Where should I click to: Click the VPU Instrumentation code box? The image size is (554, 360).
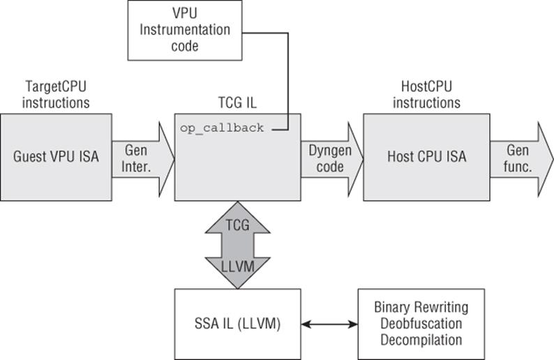pyautogui.click(x=185, y=31)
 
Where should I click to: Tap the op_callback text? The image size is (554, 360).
pyautogui.click(x=222, y=128)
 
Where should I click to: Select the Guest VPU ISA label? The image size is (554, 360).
pyautogui.click(x=56, y=156)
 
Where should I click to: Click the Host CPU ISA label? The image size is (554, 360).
pyautogui.click(x=427, y=156)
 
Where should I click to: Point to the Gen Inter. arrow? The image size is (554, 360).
pyautogui.click(x=143, y=159)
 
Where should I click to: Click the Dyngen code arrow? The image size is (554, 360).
pyautogui.click(x=332, y=159)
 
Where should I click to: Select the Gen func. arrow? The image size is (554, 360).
pyautogui.click(x=521, y=159)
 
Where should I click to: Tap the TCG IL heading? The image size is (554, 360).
pyautogui.click(x=237, y=103)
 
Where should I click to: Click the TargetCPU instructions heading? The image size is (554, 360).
pyautogui.click(x=56, y=95)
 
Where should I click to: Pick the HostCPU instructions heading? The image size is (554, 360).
pyautogui.click(x=427, y=95)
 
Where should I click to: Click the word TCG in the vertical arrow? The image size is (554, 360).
pyautogui.click(x=237, y=225)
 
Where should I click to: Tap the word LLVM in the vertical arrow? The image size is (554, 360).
pyautogui.click(x=237, y=267)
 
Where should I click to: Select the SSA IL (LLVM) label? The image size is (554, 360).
pyautogui.click(x=237, y=324)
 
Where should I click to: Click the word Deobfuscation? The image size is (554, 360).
pyautogui.click(x=421, y=324)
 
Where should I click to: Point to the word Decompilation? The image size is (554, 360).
pyautogui.click(x=421, y=340)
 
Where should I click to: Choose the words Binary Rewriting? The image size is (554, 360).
pyautogui.click(x=421, y=308)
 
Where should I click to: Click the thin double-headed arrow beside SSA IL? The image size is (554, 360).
pyautogui.click(x=329, y=324)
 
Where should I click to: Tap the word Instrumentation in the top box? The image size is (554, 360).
pyautogui.click(x=185, y=30)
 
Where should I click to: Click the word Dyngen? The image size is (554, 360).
pyautogui.click(x=330, y=151)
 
